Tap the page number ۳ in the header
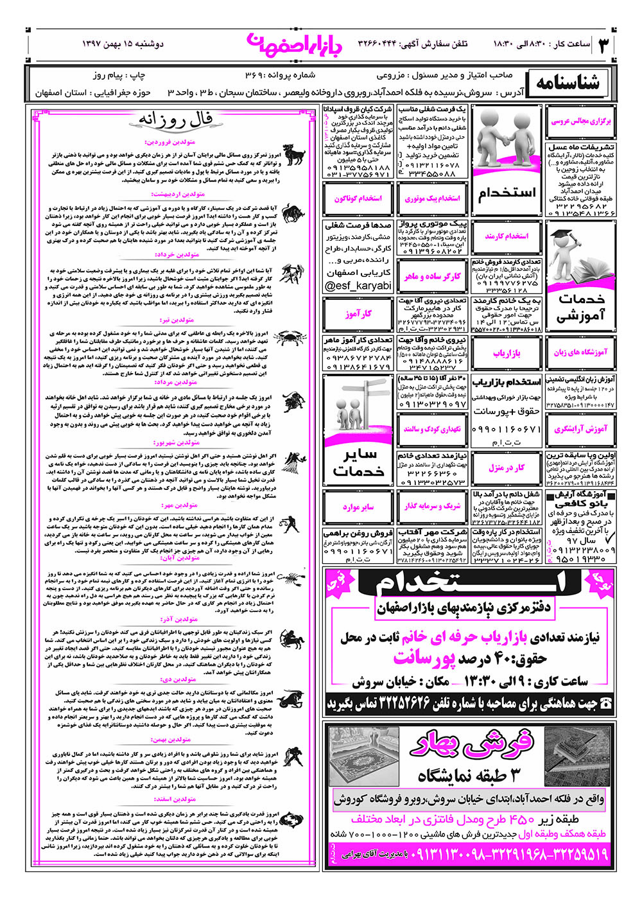[603, 44]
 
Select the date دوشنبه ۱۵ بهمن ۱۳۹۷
[123, 44]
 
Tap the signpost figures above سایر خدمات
[358, 405]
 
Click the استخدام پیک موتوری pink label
[433, 198]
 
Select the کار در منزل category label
[507, 468]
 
